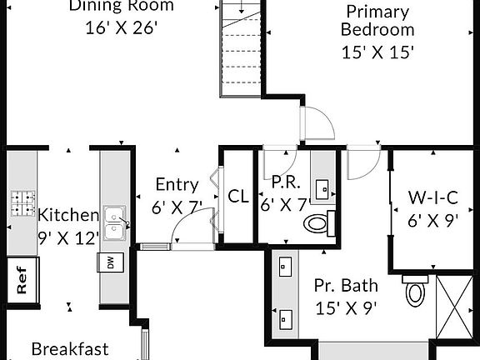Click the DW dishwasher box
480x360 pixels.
[111, 262]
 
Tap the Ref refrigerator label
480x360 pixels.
[22, 280]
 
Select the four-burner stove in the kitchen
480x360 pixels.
[22, 203]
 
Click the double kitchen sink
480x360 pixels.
[114, 222]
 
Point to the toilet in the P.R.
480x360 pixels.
[319, 223]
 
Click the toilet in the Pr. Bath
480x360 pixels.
[415, 290]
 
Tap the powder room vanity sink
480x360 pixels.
[322, 190]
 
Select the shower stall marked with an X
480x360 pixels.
[454, 307]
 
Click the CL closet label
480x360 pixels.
[238, 196]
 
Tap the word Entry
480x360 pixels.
[177, 185]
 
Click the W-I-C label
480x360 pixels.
[432, 197]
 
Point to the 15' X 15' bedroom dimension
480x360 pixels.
[377, 52]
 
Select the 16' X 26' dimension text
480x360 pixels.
[121, 28]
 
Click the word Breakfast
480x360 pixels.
[70, 349]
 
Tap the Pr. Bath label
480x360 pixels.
[346, 285]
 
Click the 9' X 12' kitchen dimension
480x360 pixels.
[68, 238]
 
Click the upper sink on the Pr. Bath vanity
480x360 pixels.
[285, 267]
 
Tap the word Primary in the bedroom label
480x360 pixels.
[377, 12]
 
